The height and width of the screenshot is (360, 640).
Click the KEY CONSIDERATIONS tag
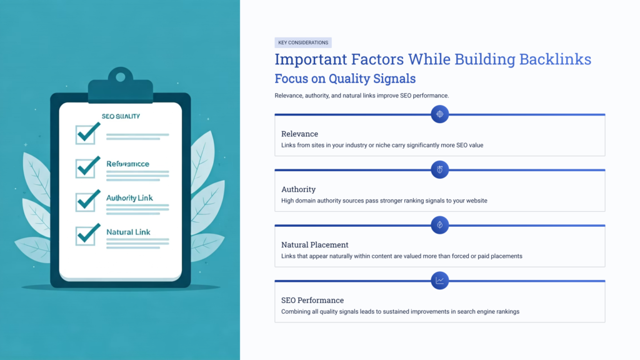click(x=303, y=42)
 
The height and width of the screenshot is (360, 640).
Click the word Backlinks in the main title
click(x=555, y=59)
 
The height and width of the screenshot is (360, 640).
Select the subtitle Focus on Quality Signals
click(x=345, y=79)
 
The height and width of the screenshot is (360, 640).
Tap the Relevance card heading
click(x=299, y=134)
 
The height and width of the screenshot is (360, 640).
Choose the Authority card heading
click(x=298, y=189)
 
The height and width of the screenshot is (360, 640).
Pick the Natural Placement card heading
click(x=314, y=245)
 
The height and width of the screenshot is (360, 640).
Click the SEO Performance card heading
click(x=312, y=300)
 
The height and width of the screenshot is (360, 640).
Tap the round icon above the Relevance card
click(x=440, y=114)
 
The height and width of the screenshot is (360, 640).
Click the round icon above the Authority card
click(x=440, y=169)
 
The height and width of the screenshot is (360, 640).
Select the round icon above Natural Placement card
click(x=440, y=225)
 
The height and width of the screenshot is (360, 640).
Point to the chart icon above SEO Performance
click(x=440, y=281)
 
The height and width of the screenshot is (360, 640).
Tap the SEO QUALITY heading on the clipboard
click(x=121, y=116)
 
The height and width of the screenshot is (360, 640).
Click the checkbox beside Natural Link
click(x=86, y=235)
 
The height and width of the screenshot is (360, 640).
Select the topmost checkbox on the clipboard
click(x=86, y=134)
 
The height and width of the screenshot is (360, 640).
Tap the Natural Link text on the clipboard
click(x=128, y=232)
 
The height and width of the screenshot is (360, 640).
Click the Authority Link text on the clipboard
click(x=129, y=198)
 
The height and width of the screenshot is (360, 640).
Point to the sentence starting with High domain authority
click(x=384, y=201)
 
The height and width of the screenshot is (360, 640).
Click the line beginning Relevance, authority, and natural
click(x=362, y=96)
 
